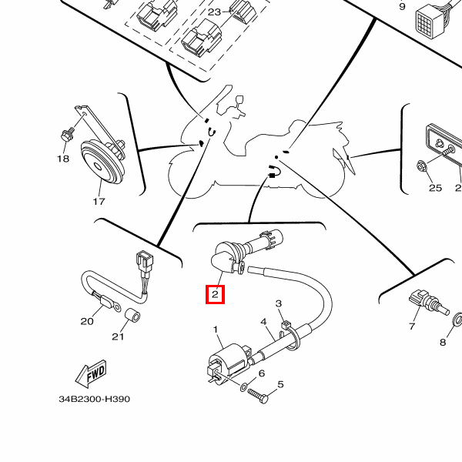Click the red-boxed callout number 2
click(215, 293)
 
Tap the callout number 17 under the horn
click(99, 202)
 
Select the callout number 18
click(63, 159)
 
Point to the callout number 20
click(86, 321)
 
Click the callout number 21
click(118, 336)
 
